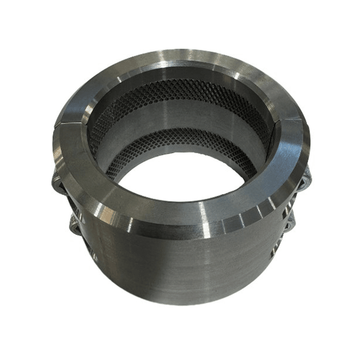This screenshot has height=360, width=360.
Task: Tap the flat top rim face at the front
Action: coord(180,208)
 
